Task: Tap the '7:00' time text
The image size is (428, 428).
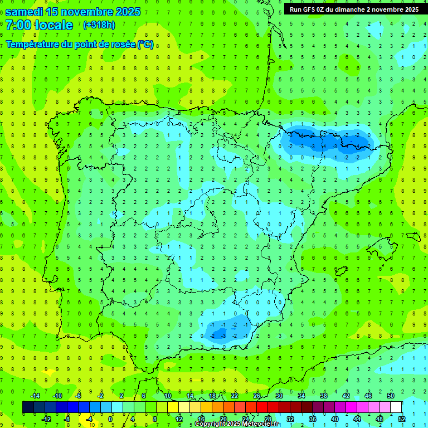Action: [x=18, y=26]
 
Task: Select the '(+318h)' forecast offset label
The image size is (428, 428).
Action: [x=99, y=25]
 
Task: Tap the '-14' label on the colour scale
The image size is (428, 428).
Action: [x=36, y=395]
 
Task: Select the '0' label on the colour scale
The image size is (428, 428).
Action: [x=110, y=419]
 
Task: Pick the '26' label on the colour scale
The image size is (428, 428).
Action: [x=257, y=395]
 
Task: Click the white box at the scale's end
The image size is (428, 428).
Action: [x=396, y=407]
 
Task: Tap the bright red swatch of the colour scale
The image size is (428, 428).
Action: [x=262, y=407]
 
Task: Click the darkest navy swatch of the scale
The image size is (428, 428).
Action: [x=28, y=407]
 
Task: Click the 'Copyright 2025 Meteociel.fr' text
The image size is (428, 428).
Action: [x=237, y=424]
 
